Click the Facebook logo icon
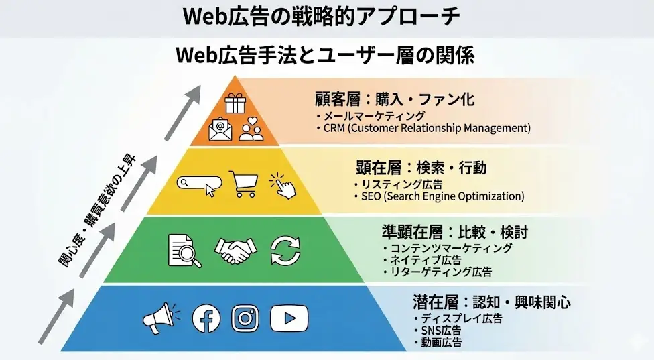coord(206,318)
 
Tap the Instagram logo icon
coord(245,318)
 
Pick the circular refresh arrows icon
coord(286,250)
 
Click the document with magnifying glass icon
coord(183,250)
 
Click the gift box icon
coord(236,103)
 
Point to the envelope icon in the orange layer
coord(220,129)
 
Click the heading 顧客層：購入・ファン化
coord(395,99)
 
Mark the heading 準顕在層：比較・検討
coord(454,232)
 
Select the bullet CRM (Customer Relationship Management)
coord(426,127)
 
